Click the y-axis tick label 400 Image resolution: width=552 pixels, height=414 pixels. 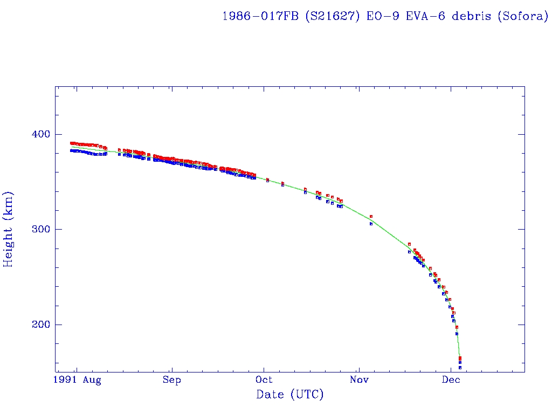coord(36,134)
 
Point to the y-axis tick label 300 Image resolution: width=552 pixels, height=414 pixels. coord(36,229)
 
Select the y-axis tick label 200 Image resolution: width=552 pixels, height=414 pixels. coord(36,325)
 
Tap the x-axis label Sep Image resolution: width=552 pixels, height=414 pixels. coord(171,381)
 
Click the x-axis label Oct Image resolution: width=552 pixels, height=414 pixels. coord(265,381)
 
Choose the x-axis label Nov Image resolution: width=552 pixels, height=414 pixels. coord(358,381)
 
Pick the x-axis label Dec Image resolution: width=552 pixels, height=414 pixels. coord(451,381)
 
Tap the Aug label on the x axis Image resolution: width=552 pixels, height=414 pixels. coord(92,381)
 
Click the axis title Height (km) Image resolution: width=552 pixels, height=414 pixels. coord(9,229)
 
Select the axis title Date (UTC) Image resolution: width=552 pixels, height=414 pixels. coord(290,395)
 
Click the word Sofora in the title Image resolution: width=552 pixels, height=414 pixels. coord(522,16)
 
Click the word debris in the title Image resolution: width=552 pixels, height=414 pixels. coord(471,16)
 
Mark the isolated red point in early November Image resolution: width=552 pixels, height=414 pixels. coord(371,216)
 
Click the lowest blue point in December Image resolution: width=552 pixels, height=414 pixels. coord(460,368)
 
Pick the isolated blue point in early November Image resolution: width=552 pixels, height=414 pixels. coord(371,224)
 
